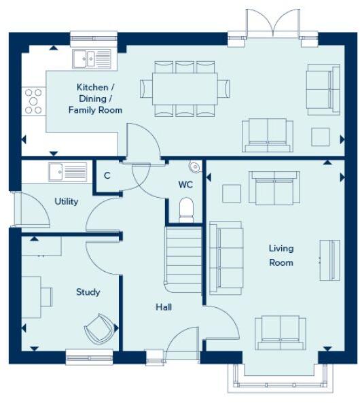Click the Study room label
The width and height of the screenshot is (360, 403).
pyautogui.click(x=88, y=292)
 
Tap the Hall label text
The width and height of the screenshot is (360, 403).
pyautogui.click(x=163, y=307)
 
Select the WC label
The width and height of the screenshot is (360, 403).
pyautogui.click(x=186, y=184)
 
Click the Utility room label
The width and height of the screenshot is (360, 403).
pyautogui.click(x=67, y=201)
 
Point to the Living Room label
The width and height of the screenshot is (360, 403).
pyautogui.click(x=281, y=256)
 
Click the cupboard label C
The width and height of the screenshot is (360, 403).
pyautogui.click(x=107, y=176)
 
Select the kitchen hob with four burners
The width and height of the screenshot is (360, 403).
pyautogui.click(x=33, y=101)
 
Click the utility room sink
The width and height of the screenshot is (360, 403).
pyautogui.click(x=67, y=172)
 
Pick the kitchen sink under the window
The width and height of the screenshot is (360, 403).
pyautogui.click(x=91, y=59)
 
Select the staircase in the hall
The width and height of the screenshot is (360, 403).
pyautogui.click(x=183, y=258)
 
